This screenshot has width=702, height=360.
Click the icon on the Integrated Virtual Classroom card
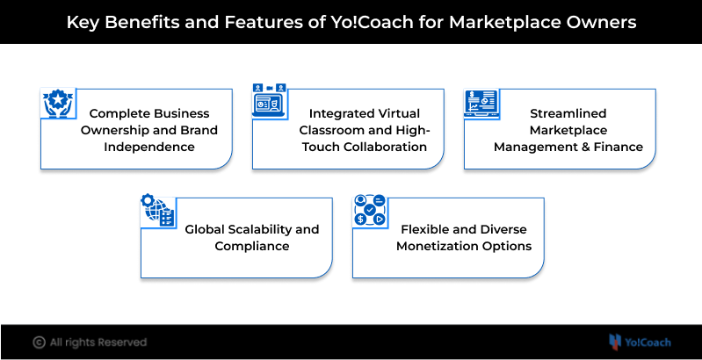click(270, 98)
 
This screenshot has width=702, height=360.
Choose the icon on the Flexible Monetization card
click(370, 211)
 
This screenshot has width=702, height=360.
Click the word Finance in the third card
click(620, 147)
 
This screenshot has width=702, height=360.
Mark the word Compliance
click(252, 246)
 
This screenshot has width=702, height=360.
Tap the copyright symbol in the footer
click(39, 342)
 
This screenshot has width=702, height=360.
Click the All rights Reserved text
click(98, 342)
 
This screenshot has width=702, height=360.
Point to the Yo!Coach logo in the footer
click(639, 342)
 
